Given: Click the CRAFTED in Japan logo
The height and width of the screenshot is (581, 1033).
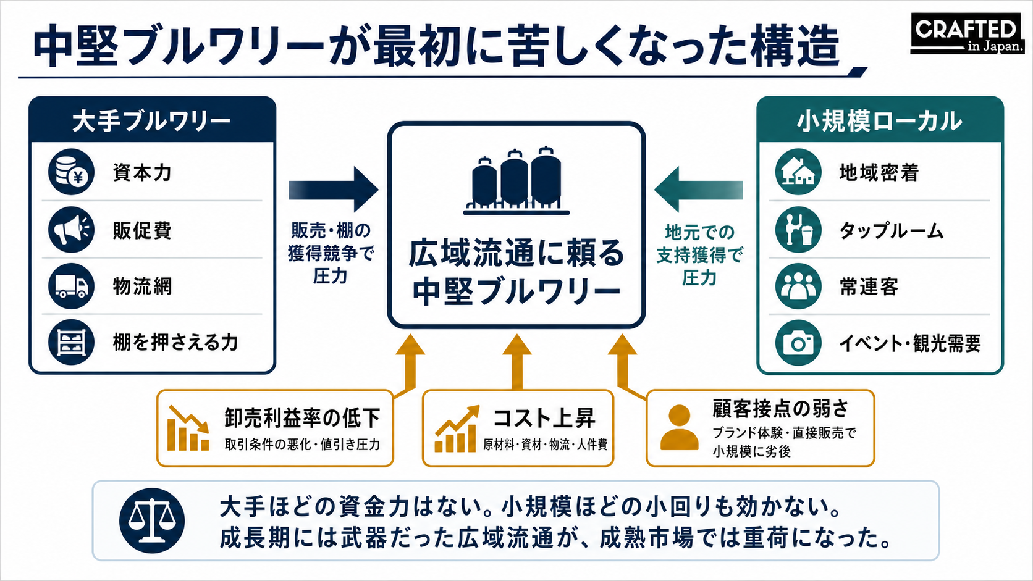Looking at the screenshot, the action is click(968, 33).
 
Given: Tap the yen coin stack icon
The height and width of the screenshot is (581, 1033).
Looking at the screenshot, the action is click(72, 172).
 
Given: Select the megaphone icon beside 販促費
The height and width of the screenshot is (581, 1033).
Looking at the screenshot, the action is click(72, 230).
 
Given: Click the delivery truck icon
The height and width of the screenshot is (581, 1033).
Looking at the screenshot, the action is click(72, 286).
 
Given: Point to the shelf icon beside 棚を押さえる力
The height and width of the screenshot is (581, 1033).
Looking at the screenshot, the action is click(72, 342).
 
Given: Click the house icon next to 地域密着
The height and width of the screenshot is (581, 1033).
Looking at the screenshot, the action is click(798, 172).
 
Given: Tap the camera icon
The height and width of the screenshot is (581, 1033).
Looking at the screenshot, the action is click(798, 343).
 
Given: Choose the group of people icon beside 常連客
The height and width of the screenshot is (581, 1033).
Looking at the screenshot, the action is click(798, 286).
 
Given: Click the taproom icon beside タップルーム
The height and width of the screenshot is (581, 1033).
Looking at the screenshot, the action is click(798, 230).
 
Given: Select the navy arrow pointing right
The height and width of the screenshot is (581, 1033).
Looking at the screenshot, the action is click(334, 190).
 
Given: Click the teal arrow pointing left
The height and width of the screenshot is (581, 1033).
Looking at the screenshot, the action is click(699, 190).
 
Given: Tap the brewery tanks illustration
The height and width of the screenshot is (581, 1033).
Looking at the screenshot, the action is click(516, 181).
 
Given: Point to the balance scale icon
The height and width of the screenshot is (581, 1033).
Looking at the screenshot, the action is click(152, 520).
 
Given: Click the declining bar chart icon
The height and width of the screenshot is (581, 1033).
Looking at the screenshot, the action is click(188, 428).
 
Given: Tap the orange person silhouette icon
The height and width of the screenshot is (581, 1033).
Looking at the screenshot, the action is click(679, 428).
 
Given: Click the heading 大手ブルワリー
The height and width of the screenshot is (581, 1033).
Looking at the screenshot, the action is click(151, 122).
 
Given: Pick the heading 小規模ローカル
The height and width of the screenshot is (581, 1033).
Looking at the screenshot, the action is click(880, 122).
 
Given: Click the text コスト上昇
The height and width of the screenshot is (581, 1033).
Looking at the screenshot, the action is click(544, 418).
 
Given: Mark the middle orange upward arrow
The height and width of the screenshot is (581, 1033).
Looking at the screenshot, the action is click(517, 362).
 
